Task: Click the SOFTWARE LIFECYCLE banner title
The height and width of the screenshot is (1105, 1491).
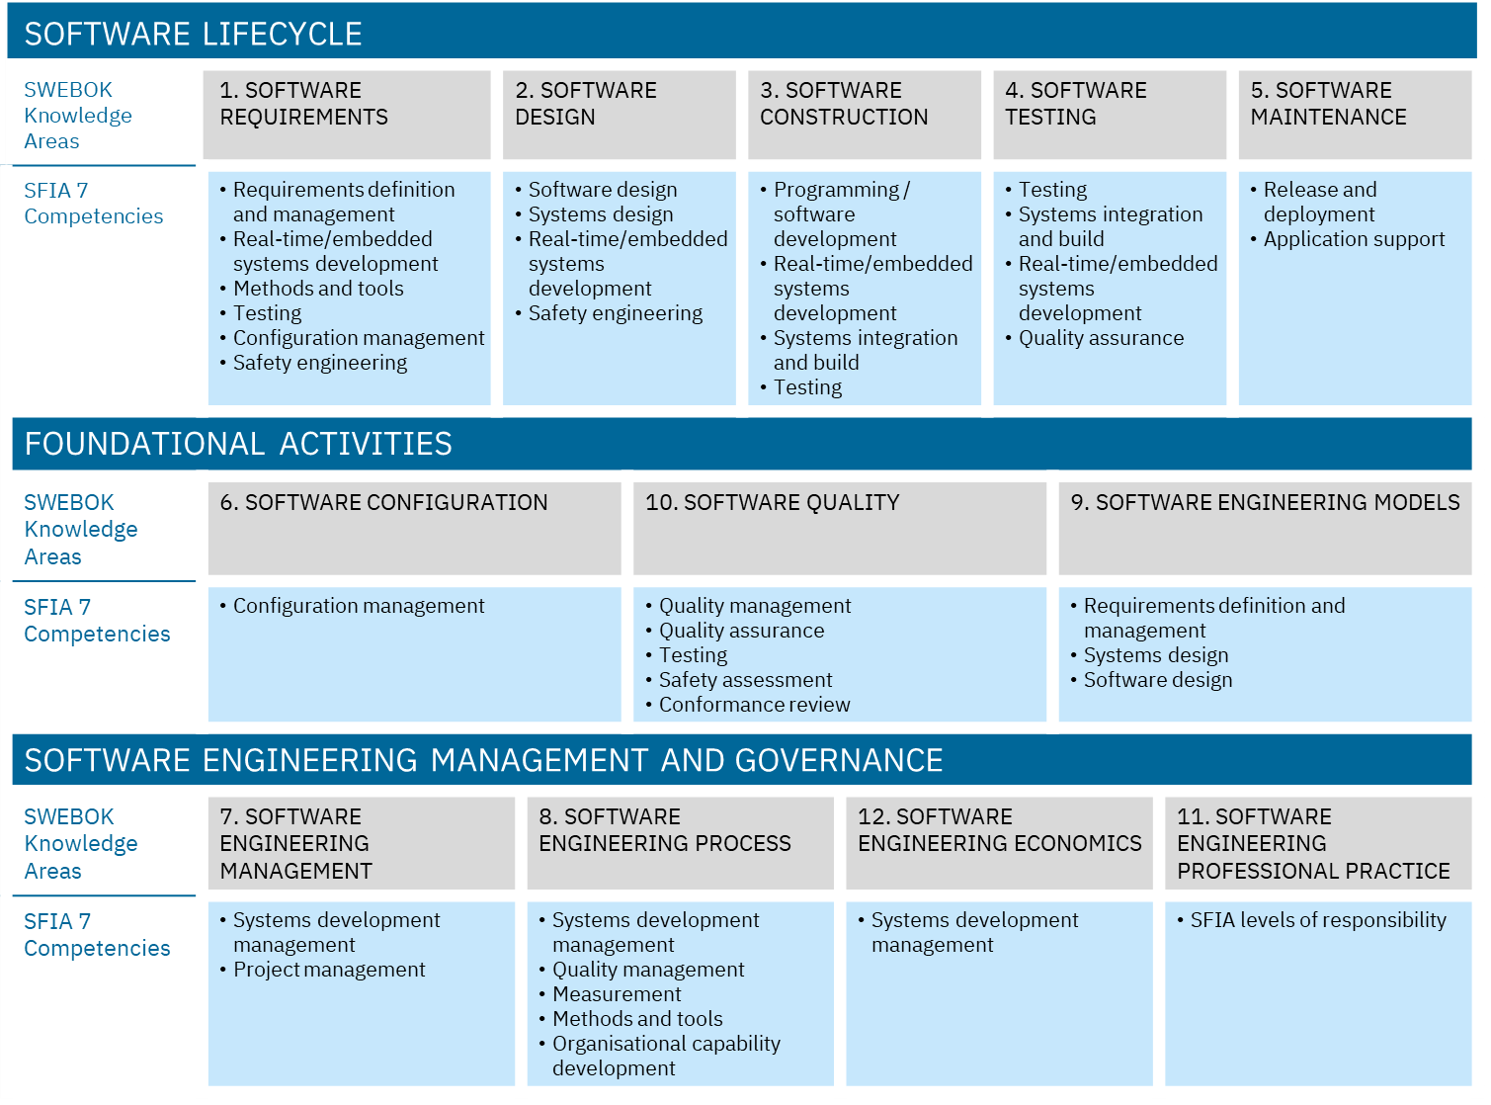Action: [194, 35]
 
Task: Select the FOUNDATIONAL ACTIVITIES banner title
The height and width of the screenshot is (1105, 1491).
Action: [238, 444]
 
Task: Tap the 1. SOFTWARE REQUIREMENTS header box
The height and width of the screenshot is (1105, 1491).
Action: [346, 114]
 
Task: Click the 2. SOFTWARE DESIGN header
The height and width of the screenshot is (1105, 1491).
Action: [619, 114]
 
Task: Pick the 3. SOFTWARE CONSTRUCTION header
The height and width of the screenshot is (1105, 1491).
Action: [864, 114]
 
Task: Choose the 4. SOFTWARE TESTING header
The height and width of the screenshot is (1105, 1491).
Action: [1109, 114]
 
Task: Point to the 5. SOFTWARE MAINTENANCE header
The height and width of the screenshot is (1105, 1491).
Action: [1355, 114]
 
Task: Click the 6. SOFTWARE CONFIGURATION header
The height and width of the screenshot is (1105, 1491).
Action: [414, 527]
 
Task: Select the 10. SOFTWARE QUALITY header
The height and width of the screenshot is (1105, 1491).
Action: [839, 527]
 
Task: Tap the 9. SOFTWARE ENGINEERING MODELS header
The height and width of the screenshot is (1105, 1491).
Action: [1265, 527]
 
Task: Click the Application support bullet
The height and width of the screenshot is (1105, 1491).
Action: [1354, 239]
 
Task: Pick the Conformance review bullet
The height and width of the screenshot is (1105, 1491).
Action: [754, 705]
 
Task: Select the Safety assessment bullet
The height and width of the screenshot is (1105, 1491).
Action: [745, 680]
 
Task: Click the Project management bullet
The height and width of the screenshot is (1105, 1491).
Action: [329, 970]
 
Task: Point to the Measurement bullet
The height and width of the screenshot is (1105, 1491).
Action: [617, 994]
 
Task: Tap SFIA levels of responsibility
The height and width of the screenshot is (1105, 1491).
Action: [1317, 920]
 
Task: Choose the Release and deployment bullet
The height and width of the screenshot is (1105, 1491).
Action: [1319, 202]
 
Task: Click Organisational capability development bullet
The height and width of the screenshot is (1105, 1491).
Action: [665, 1056]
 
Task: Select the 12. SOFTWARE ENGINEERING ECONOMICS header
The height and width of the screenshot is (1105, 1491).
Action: [999, 842]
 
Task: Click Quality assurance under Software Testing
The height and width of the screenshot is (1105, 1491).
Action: [1101, 338]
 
